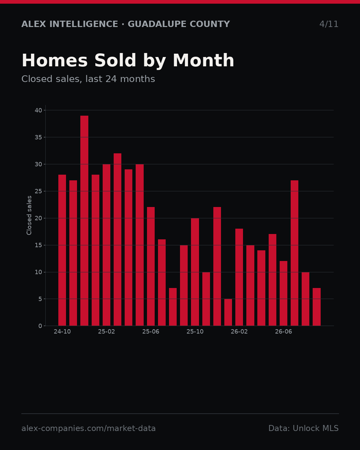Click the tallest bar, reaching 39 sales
84,221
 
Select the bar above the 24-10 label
62,250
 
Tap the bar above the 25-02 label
106,245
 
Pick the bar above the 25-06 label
151,266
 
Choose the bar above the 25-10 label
195,272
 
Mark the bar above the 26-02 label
239,277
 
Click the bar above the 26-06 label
283,293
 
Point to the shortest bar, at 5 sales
228,312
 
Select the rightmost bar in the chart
316,307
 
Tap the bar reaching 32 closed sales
117,239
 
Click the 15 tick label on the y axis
38,245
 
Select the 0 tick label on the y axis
40,326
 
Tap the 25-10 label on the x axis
195,332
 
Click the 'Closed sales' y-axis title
29,215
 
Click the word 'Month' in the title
203,60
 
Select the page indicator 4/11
329,24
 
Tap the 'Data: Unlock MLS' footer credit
303,428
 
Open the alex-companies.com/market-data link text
88,428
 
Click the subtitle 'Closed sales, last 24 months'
88,79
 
